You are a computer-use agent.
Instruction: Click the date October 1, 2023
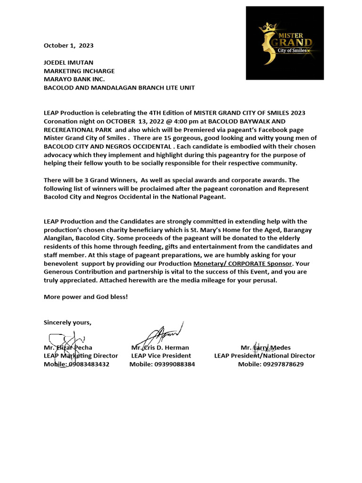(x=68, y=46)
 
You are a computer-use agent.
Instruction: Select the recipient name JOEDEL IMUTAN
(x=68, y=62)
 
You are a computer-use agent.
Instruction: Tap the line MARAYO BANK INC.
(x=74, y=79)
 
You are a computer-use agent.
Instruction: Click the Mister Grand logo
(x=285, y=43)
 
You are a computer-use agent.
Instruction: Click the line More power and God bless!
(x=85, y=297)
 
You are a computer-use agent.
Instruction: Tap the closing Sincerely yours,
(x=67, y=323)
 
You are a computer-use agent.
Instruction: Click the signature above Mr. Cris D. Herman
(x=163, y=335)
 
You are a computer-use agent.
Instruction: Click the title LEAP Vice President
(x=161, y=356)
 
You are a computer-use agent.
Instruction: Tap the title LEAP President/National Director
(x=264, y=356)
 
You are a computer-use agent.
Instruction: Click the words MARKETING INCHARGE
(x=79, y=71)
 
